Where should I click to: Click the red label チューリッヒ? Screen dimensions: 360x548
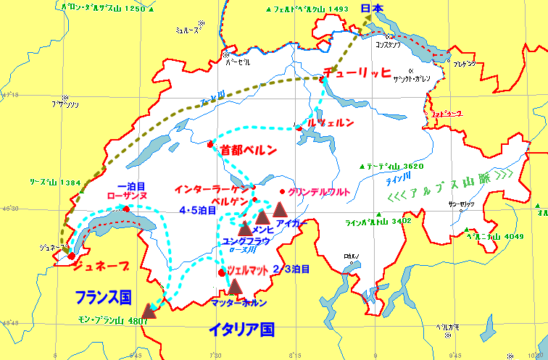point(357,72)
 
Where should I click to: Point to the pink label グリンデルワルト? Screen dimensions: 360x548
point(319,192)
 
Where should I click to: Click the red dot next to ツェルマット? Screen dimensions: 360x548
point(222,272)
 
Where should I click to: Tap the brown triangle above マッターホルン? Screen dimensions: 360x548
point(234,287)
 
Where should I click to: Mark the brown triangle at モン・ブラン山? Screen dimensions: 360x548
point(149,311)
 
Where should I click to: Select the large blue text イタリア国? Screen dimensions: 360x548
point(241,330)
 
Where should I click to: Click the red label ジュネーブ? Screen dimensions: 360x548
point(103,266)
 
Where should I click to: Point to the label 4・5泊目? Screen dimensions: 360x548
point(197,210)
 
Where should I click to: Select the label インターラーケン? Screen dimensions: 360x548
point(212,189)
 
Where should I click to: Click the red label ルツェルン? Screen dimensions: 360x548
point(330,122)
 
